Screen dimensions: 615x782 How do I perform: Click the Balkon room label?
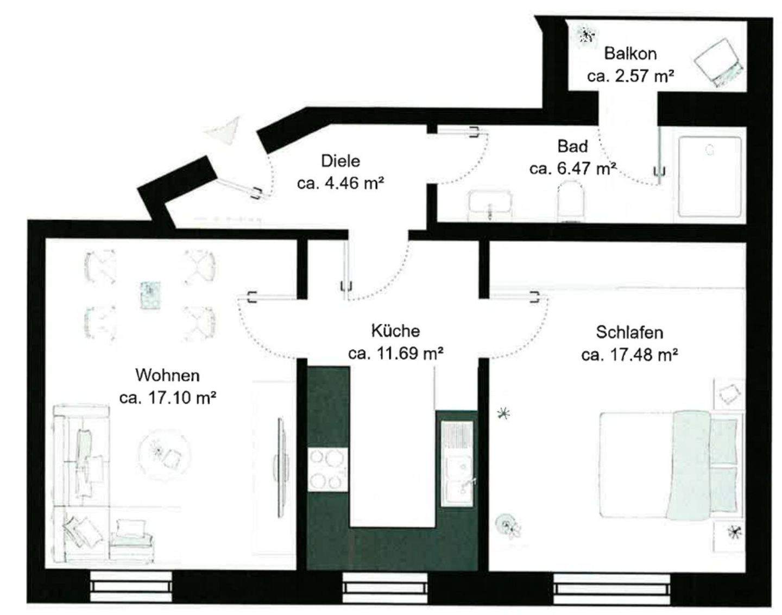[630, 54]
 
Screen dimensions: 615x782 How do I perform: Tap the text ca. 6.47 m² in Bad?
[572, 168]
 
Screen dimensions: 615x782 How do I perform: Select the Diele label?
[340, 161]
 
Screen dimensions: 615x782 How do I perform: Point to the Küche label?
[395, 330]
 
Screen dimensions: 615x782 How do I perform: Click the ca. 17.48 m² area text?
[629, 355]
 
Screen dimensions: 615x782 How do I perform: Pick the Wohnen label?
[167, 375]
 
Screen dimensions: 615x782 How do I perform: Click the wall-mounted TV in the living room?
[280, 468]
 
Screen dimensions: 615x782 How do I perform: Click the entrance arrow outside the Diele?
[224, 130]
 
